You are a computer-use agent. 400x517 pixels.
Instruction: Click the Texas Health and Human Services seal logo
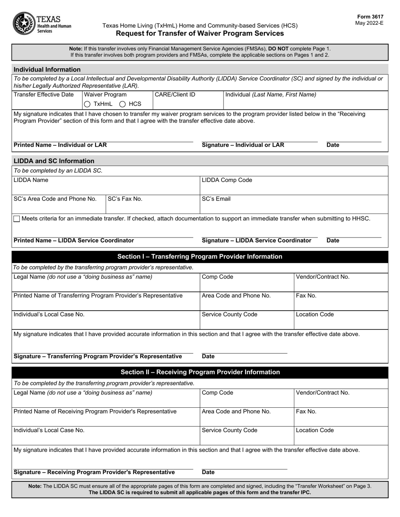24,24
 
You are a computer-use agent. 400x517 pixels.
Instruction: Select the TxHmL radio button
87,104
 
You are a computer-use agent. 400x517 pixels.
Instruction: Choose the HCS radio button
123,104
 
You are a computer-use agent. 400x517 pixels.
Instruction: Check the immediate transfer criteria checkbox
17,219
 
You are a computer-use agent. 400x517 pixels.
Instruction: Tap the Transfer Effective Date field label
44,95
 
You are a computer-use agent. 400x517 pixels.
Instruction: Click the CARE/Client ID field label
175,95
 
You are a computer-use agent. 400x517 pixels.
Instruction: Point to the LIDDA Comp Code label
227,180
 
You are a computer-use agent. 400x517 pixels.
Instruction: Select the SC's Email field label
216,199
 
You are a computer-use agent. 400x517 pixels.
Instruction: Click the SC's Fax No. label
125,199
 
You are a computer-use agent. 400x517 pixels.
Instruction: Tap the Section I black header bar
200,256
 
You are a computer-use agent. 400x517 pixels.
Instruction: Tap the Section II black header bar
200,372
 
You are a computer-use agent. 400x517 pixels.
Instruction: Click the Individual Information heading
47,69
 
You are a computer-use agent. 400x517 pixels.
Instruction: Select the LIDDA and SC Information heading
54,161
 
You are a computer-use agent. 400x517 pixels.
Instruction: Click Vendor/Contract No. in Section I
323,277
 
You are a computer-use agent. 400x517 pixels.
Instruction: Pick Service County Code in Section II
229,430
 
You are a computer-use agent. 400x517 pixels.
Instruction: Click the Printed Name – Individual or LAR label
60,145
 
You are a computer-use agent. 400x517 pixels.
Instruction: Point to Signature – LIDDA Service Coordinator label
256,240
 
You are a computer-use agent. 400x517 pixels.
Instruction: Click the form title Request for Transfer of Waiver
200,33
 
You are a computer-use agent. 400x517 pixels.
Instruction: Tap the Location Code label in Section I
315,314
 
